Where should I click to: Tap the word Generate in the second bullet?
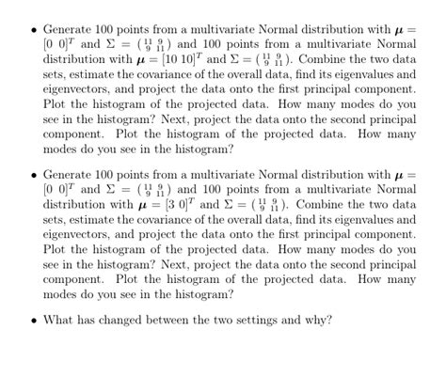coord(71,174)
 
